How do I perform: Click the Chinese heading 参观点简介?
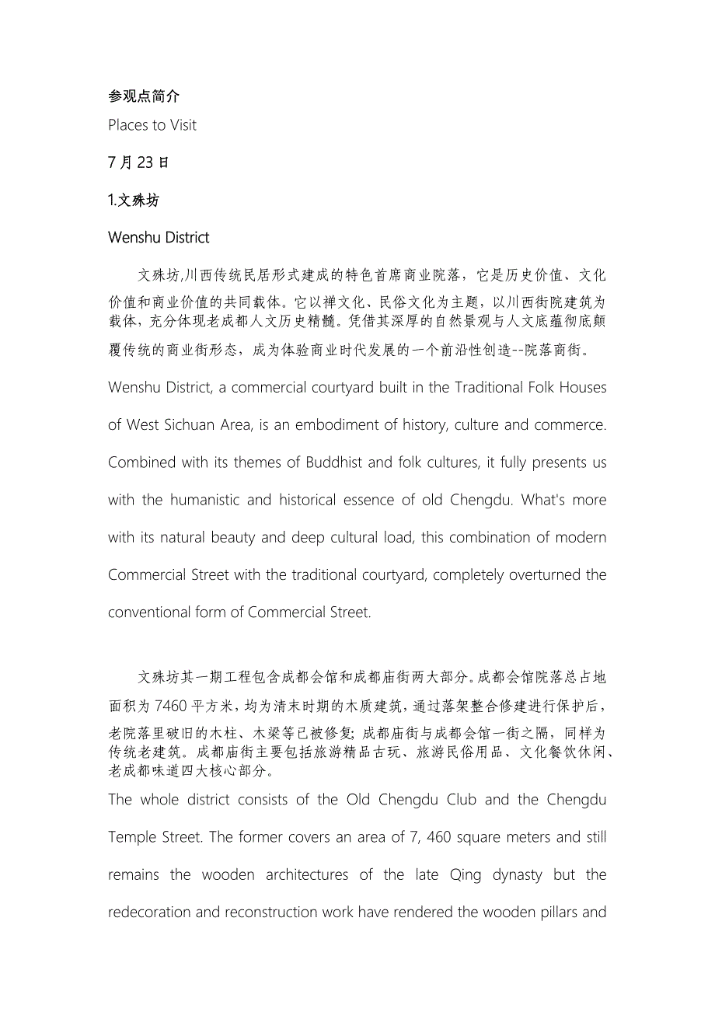pos(144,96)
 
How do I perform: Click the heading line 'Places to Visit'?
pos(152,125)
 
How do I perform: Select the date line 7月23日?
pos(138,163)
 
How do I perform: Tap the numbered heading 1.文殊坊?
pos(134,201)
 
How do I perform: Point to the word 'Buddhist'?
pos(326,462)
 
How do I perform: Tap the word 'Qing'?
pos(466,874)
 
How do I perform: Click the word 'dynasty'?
pos(518,874)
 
